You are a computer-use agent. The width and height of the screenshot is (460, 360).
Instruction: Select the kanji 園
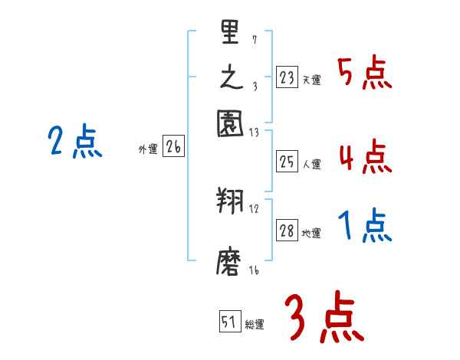230,123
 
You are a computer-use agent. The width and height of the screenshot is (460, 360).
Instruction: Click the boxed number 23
287,77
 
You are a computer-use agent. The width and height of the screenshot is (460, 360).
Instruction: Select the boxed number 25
287,161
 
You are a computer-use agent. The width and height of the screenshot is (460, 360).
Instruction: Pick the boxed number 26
173,148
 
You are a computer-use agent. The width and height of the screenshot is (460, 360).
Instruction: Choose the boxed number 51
229,322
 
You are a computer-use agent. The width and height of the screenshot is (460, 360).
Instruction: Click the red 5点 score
364,75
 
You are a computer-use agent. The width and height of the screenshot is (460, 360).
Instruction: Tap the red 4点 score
364,157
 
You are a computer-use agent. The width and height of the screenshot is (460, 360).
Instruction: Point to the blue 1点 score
364,227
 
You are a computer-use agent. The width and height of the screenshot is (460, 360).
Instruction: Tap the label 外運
148,150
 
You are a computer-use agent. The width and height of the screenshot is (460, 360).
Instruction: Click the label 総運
255,325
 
